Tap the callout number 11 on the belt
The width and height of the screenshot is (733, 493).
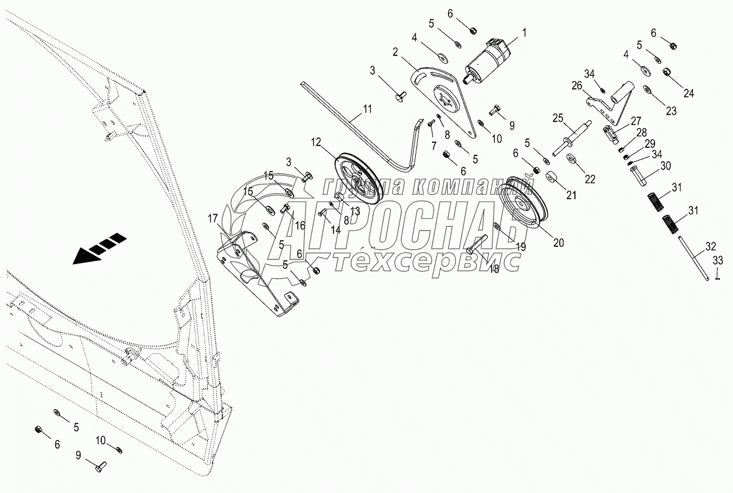(368, 109)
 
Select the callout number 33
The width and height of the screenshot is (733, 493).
(717, 260)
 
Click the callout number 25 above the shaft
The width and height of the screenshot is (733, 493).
(558, 118)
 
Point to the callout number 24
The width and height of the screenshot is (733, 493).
(688, 93)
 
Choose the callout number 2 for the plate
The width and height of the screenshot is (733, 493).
(395, 52)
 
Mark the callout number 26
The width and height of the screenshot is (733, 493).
(576, 86)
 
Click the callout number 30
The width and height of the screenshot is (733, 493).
(665, 166)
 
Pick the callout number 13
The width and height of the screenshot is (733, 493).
(355, 211)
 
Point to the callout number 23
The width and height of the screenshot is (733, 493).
(671, 111)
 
